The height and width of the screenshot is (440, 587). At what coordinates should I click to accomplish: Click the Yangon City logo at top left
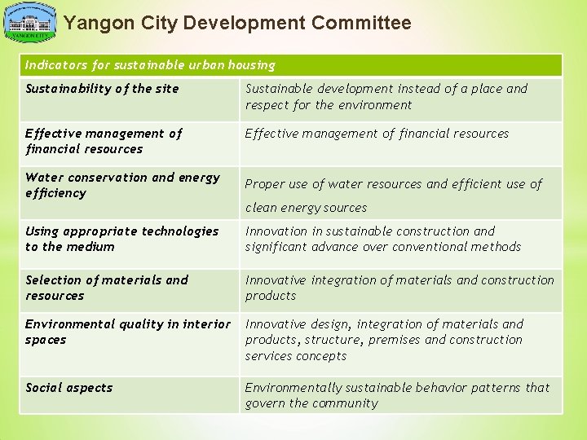point(30,23)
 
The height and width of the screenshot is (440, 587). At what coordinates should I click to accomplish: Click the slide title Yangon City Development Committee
point(237,24)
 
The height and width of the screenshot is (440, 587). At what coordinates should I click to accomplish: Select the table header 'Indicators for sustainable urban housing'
point(150,64)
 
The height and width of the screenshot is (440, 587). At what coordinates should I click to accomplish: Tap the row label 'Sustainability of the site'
point(102,89)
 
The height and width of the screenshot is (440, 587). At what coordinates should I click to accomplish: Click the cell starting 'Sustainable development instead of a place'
point(386,96)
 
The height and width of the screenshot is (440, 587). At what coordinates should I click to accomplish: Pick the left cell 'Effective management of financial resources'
point(104,141)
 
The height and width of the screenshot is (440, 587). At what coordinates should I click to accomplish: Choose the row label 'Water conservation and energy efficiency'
point(122,185)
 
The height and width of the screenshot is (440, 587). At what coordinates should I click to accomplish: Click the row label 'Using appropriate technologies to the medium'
point(121,239)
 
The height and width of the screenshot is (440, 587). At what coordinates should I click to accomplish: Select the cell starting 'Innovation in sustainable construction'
point(383,239)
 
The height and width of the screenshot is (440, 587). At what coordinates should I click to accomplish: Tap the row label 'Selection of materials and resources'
point(107,288)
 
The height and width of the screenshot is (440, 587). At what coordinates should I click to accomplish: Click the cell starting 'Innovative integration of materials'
point(399,288)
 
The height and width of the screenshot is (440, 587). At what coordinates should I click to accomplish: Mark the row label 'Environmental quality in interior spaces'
point(127,332)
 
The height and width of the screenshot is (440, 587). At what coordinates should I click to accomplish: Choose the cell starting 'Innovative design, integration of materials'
point(384,340)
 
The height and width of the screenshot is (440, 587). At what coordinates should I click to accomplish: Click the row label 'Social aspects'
point(68,388)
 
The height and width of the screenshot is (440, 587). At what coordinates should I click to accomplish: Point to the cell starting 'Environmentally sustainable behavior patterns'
point(397,395)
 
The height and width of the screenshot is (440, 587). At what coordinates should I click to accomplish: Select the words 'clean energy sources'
point(306,208)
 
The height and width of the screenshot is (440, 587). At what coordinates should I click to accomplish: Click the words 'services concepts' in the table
point(295,356)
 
